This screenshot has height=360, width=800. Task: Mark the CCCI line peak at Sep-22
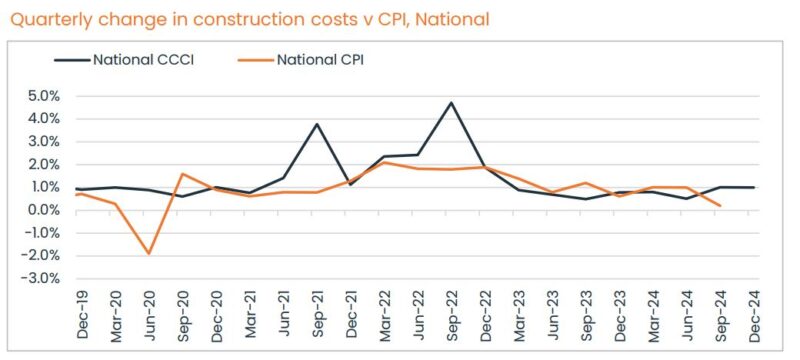coord(451,103)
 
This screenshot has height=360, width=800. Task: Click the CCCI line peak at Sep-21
coord(317,124)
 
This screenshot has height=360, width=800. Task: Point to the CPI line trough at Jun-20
coord(149,253)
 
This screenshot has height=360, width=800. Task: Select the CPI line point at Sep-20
coord(183,174)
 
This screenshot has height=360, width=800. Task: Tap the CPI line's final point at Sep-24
coord(720,205)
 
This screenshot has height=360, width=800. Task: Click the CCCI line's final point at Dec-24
coord(753,187)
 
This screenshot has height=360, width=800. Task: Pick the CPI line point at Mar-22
coord(384,162)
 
